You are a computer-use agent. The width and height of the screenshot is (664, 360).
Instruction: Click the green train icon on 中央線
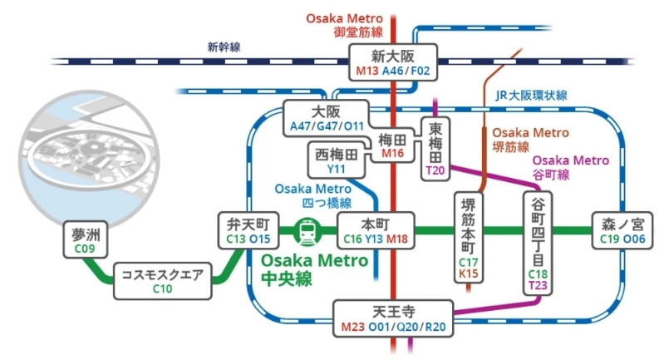(x=307, y=231)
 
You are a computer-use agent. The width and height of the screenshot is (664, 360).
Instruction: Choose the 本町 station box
(x=375, y=230)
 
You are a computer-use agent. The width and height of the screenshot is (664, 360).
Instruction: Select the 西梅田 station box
(x=337, y=160)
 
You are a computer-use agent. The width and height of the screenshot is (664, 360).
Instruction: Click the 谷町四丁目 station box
(x=538, y=242)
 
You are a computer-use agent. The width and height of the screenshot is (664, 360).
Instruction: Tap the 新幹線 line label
(x=224, y=47)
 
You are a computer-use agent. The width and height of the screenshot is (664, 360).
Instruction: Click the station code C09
(x=84, y=247)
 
